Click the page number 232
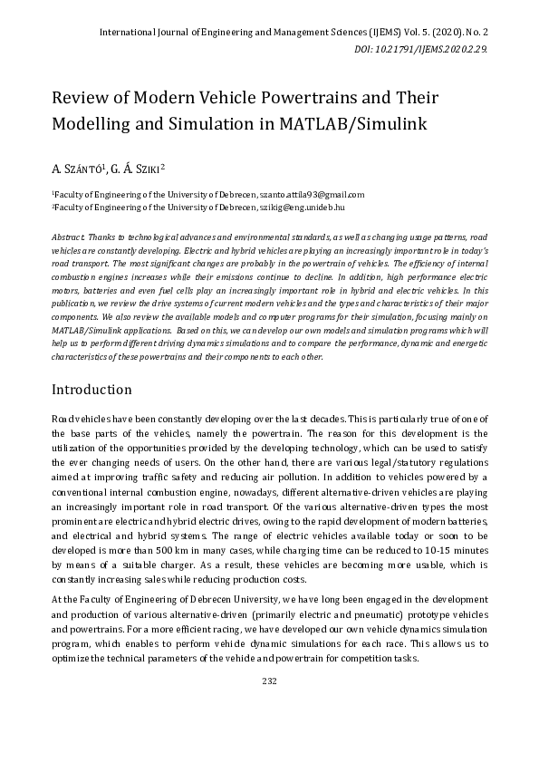point(269,681)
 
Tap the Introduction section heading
point(91,390)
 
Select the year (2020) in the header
point(448,33)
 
